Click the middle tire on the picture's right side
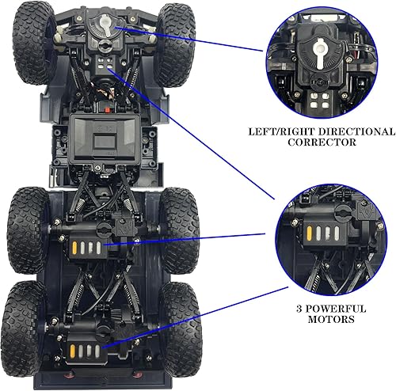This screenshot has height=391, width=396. (x=179, y=230)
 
